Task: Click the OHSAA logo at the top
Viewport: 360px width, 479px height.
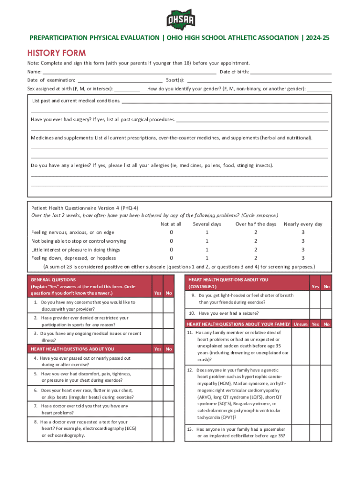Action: click(x=180, y=18)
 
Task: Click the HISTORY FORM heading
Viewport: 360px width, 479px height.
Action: click(x=56, y=53)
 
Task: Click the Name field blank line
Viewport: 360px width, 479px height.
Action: click(x=129, y=72)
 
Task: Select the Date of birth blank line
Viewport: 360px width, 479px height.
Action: click(x=291, y=72)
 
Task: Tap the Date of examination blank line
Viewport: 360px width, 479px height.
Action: click(x=120, y=80)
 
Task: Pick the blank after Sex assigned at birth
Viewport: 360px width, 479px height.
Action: click(x=127, y=88)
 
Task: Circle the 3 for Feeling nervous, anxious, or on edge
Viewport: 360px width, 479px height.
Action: click(x=303, y=232)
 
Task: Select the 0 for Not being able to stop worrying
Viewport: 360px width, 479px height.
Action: click(x=171, y=241)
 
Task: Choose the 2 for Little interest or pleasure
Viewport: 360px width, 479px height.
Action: click(x=256, y=249)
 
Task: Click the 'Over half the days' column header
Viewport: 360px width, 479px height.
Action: click(x=256, y=224)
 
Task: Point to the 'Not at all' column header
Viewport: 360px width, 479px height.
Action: click(x=171, y=224)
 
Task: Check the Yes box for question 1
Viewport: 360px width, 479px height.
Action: click(x=158, y=305)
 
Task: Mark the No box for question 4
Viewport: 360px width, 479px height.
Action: click(x=169, y=361)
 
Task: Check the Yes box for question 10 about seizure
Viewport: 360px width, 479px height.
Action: click(x=316, y=313)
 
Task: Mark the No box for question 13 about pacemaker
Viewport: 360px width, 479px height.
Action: click(x=327, y=433)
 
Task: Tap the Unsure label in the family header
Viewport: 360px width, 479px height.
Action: click(x=301, y=324)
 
